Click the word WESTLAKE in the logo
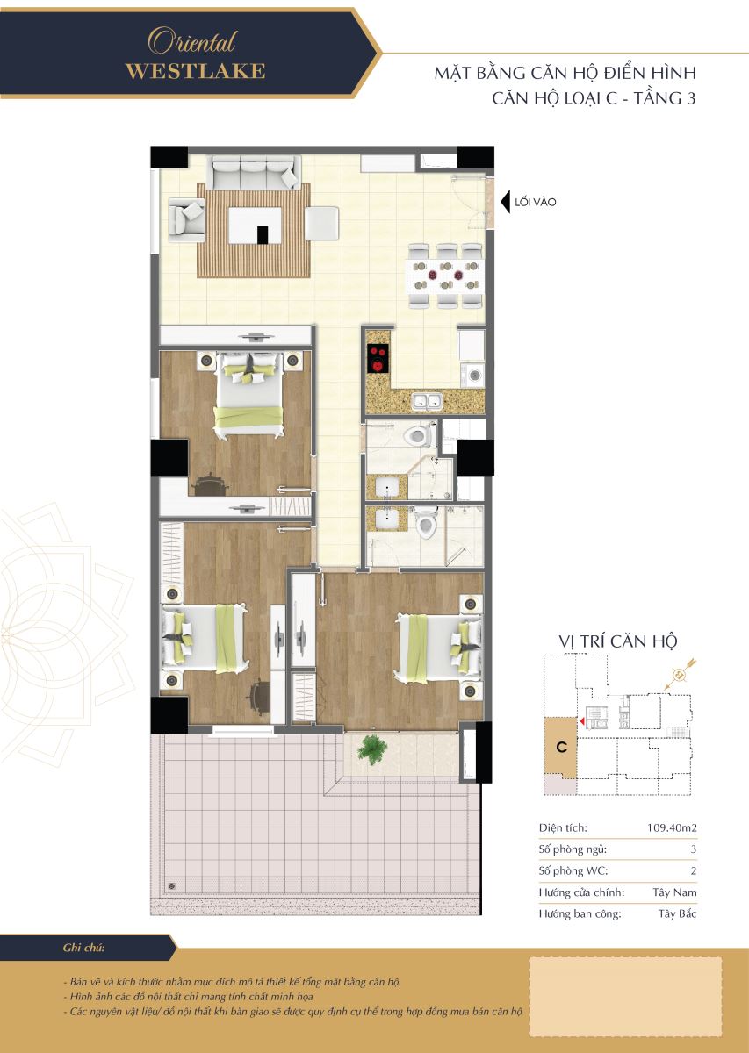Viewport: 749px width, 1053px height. (195, 71)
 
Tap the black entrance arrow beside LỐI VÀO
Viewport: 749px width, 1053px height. (505, 202)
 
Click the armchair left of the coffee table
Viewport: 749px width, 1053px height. (187, 216)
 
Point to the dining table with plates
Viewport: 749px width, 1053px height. (444, 276)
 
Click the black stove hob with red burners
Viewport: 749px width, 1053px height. (378, 359)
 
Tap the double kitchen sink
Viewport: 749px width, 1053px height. (427, 401)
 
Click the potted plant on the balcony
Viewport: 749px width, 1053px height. (372, 749)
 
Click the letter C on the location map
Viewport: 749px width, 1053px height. (561, 747)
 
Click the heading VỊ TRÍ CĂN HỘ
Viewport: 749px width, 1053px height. (618, 641)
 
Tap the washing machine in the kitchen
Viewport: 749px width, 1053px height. (472, 376)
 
